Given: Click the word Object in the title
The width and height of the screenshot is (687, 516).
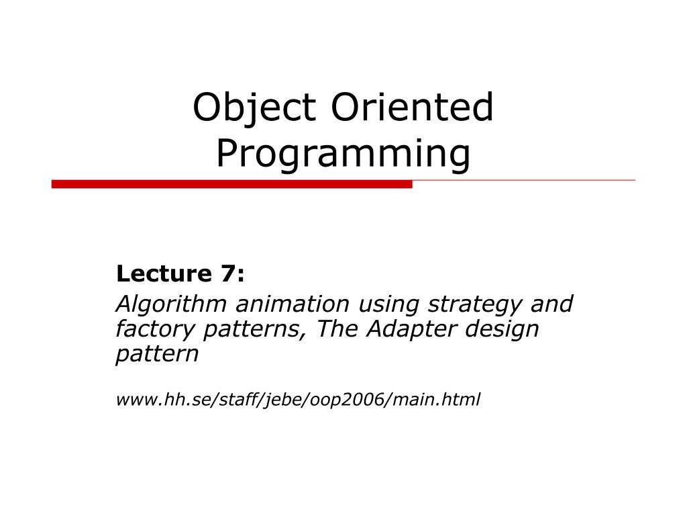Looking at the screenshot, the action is coord(254,108).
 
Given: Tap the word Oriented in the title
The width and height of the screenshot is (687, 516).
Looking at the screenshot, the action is coord(413,107).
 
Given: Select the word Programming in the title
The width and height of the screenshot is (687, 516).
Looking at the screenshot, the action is coord(343,154).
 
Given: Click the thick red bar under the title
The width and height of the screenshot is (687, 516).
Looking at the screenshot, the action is coord(231,184).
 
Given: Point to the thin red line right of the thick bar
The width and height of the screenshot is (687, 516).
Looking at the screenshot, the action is coord(523,180).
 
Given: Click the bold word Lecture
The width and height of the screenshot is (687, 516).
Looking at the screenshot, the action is coord(164,273).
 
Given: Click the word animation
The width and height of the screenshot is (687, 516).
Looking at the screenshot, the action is coord(293,304).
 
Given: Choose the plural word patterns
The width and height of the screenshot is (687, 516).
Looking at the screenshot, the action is coord(254,329).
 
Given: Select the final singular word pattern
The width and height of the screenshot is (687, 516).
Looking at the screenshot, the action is coord(157,354).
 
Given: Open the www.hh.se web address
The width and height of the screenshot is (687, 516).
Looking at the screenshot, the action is coord(298,400).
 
